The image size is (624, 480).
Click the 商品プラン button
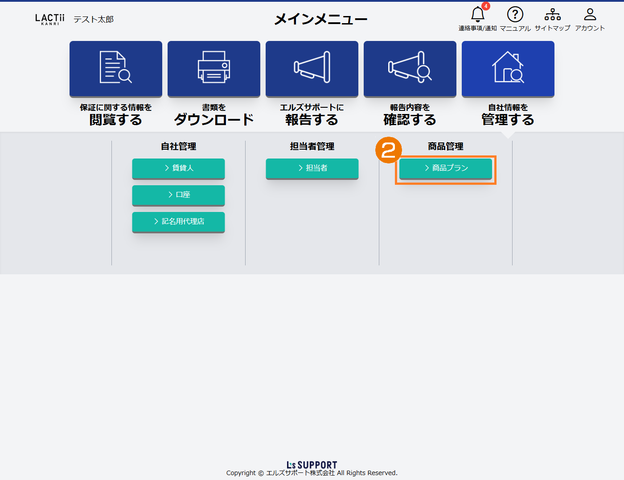[445, 168]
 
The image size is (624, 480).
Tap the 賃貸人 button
[178, 168]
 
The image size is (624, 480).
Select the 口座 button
[178, 195]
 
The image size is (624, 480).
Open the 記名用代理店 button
[178, 222]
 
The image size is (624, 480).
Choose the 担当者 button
[312, 168]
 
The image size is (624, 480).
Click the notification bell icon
[477, 14]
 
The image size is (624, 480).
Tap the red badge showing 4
[485, 6]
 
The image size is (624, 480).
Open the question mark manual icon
[515, 14]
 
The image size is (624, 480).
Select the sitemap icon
[553, 14]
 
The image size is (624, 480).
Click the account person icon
[590, 14]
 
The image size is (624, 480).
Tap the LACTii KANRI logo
[49, 20]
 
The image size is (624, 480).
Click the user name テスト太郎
[94, 20]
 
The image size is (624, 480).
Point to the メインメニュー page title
[320, 20]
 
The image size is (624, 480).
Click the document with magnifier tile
[116, 69]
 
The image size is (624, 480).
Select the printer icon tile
[214, 69]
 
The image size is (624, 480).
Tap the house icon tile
[508, 69]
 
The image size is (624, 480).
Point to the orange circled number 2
[389, 150]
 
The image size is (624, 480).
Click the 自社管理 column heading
[178, 146]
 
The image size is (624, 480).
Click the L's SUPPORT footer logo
[312, 465]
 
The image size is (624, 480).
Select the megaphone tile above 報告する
[312, 69]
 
